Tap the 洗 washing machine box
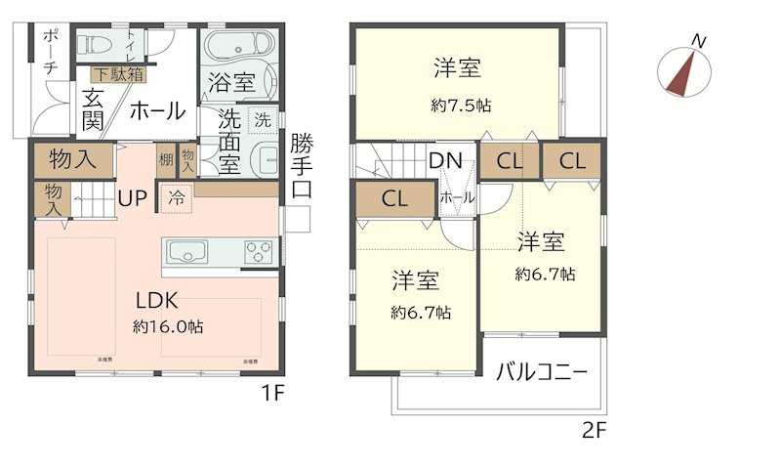[262, 121]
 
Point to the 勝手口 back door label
[302, 166]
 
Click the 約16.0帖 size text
[168, 328]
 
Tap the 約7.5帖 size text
[457, 106]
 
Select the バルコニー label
[541, 372]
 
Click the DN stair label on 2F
[445, 160]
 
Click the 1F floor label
[271, 397]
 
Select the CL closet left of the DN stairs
[394, 198]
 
